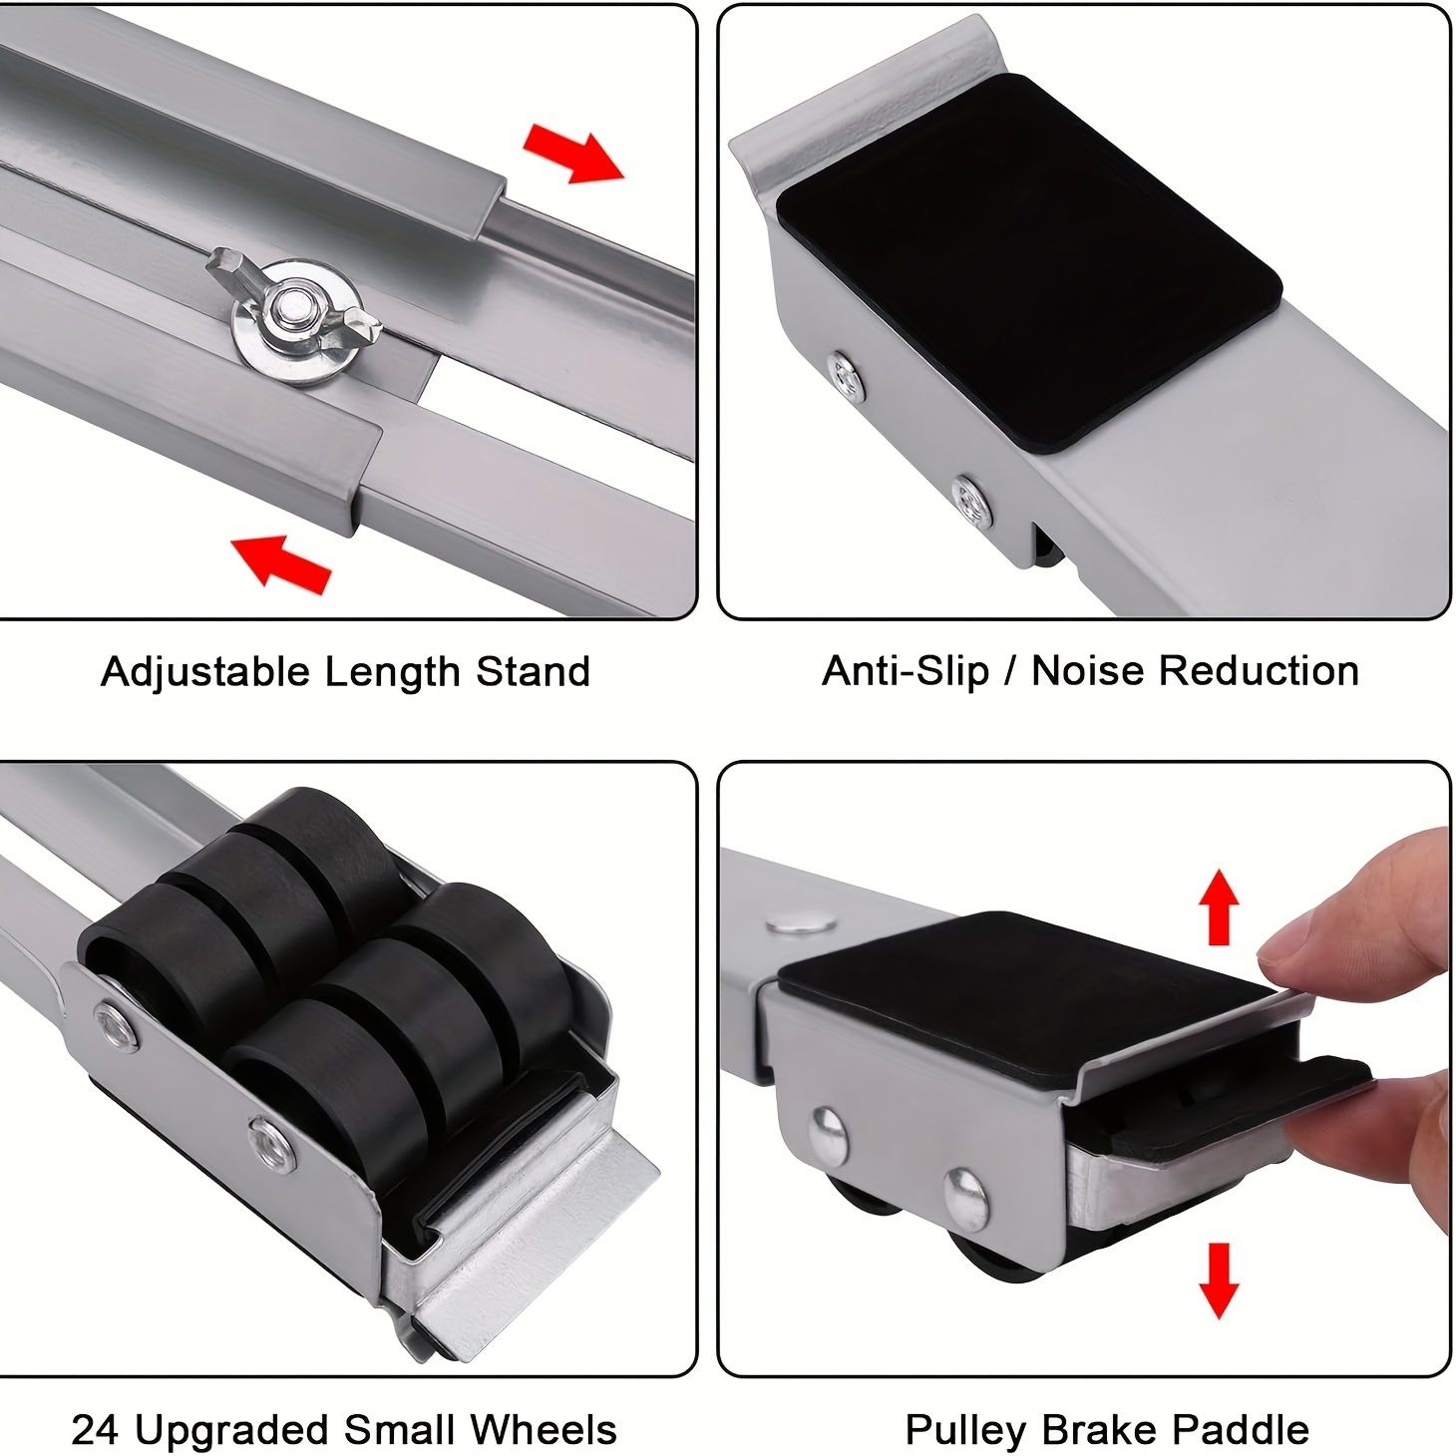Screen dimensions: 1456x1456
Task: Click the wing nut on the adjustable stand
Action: [294, 310]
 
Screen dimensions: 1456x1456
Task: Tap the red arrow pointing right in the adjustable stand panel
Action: [574, 154]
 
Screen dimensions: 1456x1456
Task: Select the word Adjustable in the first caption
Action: [204, 672]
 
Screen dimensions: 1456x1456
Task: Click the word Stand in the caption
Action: [532, 672]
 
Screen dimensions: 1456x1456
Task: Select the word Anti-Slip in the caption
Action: [906, 671]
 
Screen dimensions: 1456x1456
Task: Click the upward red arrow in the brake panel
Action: [1218, 907]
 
